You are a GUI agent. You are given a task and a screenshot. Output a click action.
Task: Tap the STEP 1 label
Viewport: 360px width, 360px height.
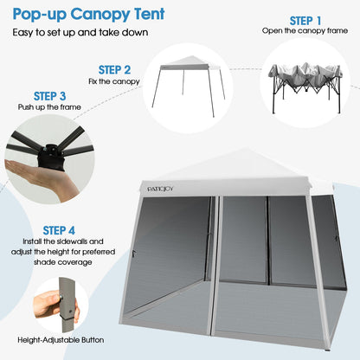pyautogui.click(x=305, y=20)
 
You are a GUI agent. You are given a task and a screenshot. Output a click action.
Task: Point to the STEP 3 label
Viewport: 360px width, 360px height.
pyautogui.click(x=49, y=95)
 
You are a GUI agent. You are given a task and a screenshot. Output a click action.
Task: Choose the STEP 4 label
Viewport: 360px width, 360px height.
pyautogui.click(x=59, y=229)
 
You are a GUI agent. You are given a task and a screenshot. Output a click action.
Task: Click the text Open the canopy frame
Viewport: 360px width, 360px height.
pyautogui.click(x=305, y=31)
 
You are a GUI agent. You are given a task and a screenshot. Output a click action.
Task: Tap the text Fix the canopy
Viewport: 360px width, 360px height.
pyautogui.click(x=114, y=81)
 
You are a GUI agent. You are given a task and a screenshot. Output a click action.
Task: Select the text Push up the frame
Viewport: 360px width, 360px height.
pyautogui.click(x=49, y=107)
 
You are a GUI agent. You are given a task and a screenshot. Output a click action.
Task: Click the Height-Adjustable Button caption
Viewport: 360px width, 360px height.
pyautogui.click(x=59, y=340)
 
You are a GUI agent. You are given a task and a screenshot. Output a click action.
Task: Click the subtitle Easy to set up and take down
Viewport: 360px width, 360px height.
pyautogui.click(x=69, y=32)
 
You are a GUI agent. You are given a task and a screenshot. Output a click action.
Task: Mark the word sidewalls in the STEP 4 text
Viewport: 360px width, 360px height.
pyautogui.click(x=88, y=241)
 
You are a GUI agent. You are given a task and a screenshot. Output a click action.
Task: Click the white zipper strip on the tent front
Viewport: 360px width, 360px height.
pyautogui.click(x=219, y=268)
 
